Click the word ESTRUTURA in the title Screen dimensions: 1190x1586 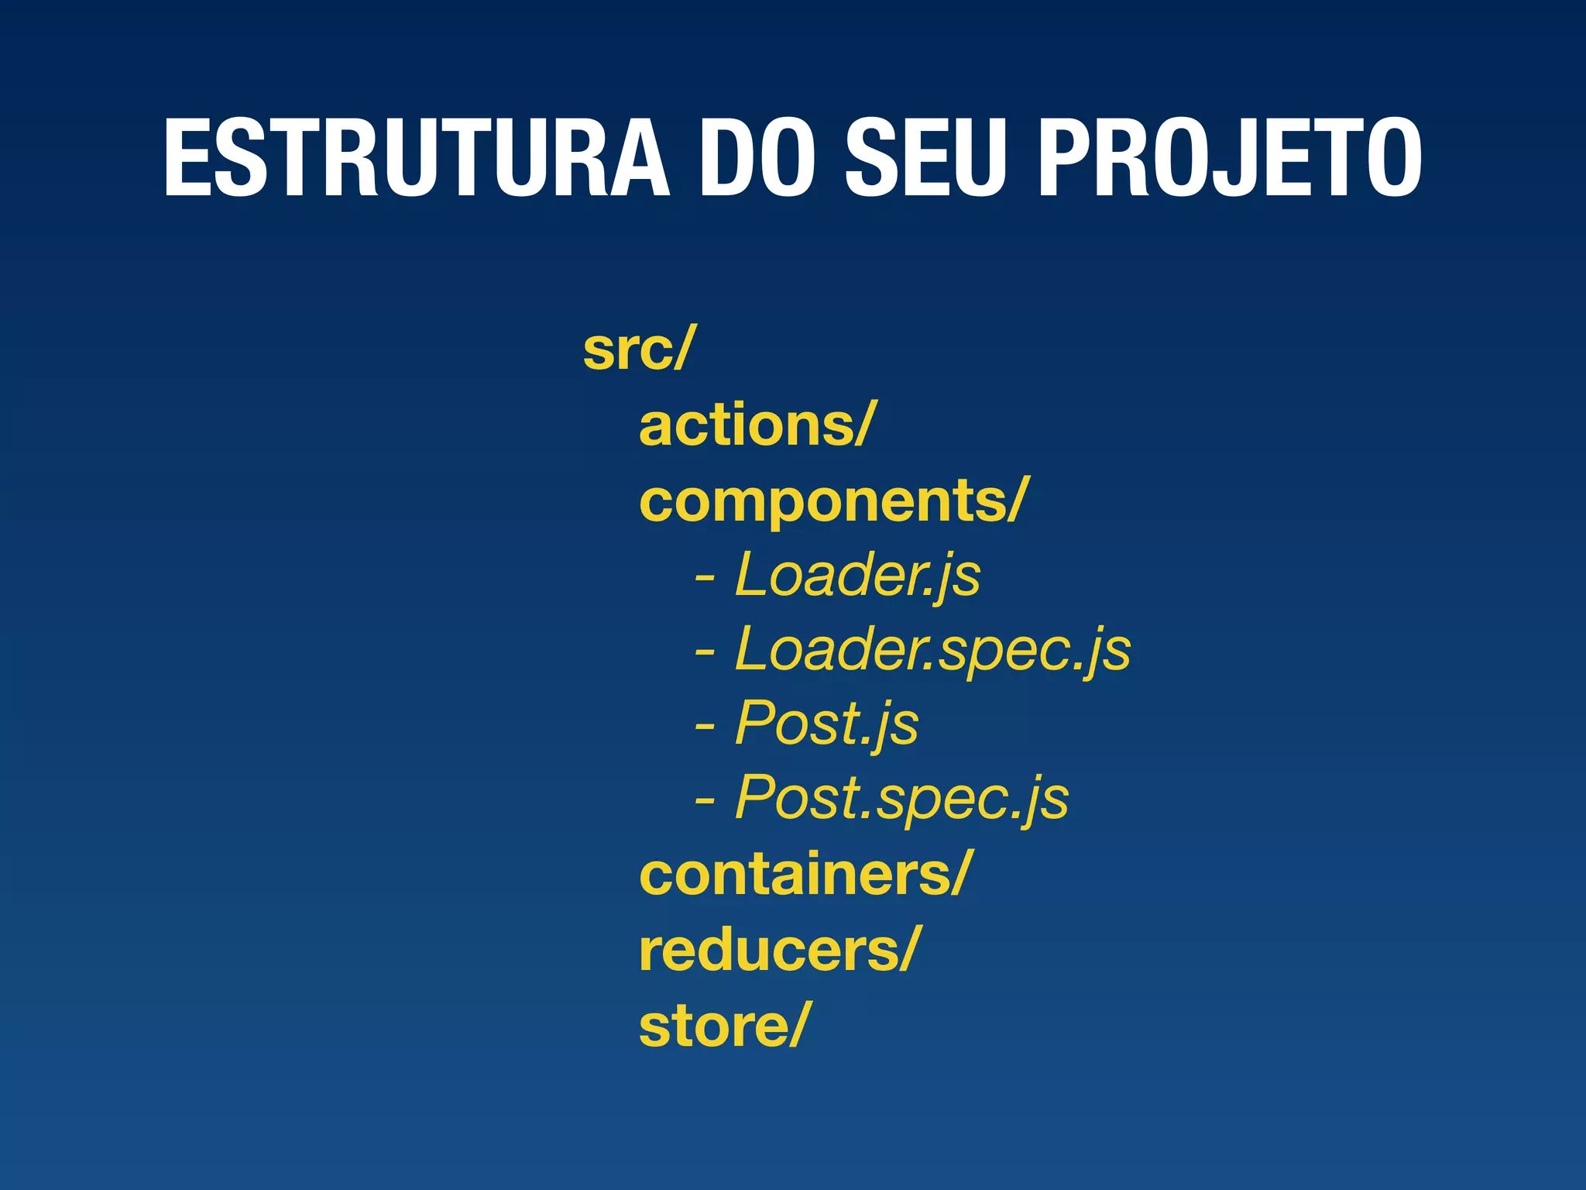pyautogui.click(x=416, y=159)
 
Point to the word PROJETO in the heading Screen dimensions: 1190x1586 pyautogui.click(x=1229, y=159)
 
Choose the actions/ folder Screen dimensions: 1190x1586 pyautogui.click(x=756, y=425)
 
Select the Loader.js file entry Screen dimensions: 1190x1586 pyautogui.click(x=857, y=575)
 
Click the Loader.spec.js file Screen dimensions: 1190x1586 pyautogui.click(x=932, y=649)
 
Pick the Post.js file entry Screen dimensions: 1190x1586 pyautogui.click(x=826, y=724)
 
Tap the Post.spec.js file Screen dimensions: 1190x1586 pyautogui.click(x=901, y=798)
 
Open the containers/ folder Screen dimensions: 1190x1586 pyautogui.click(x=804, y=874)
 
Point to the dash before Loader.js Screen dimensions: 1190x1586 pyautogui.click(x=705, y=578)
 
